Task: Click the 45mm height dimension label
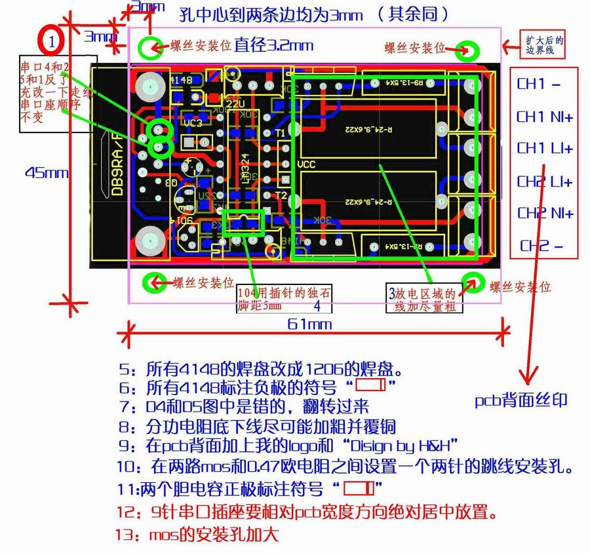(x=47, y=172)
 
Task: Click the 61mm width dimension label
(x=310, y=323)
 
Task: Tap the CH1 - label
(x=539, y=85)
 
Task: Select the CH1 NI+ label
(x=545, y=117)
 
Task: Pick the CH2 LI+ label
(x=545, y=181)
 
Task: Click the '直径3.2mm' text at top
(x=274, y=45)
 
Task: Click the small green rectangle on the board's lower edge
(x=243, y=223)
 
